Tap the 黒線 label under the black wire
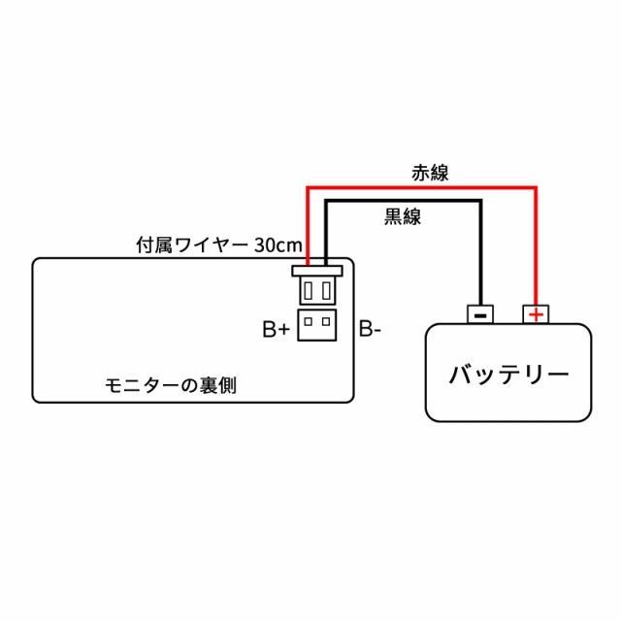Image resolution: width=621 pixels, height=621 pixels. (403, 216)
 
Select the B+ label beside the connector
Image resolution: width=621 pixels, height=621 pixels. (276, 330)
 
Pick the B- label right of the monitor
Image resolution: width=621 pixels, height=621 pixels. (370, 330)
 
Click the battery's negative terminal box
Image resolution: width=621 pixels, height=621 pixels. (480, 313)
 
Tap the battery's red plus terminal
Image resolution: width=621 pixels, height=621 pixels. (534, 313)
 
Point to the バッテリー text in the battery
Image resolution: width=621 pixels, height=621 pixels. (507, 375)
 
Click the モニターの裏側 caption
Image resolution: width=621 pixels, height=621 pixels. (170, 385)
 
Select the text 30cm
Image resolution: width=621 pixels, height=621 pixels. (278, 245)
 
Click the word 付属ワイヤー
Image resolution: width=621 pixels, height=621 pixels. (192, 245)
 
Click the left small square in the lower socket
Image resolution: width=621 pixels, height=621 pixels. (309, 319)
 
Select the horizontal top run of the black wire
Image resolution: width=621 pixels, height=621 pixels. (403, 201)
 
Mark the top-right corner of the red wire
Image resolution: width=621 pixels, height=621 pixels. (536, 185)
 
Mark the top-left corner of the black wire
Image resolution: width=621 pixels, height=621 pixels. (326, 201)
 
